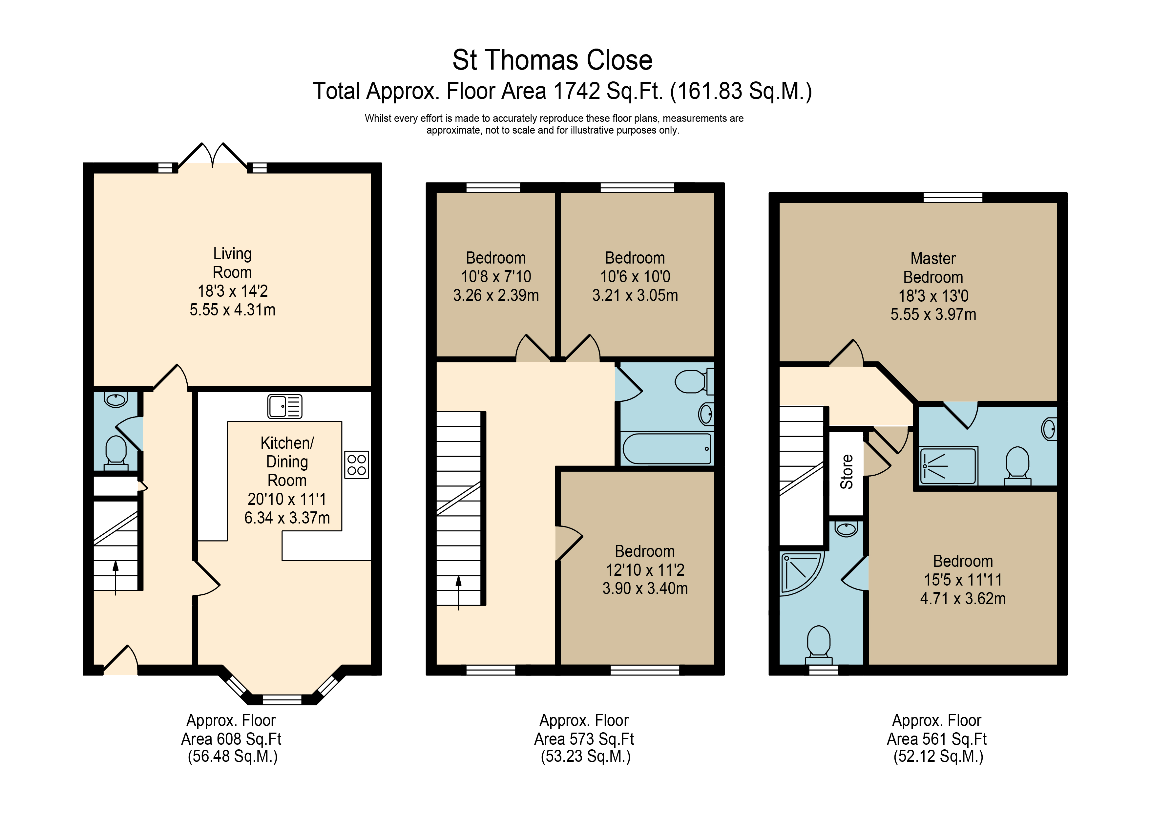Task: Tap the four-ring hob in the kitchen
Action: [x=356, y=465]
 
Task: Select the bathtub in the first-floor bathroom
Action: [x=667, y=448]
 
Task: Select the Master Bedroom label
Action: [x=933, y=268]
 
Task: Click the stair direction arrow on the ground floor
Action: [x=116, y=577]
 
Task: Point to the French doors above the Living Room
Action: [x=213, y=156]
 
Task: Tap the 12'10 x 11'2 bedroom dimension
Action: [x=645, y=570]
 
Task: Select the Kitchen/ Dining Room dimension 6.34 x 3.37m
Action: [x=287, y=518]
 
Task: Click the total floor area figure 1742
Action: [x=576, y=91]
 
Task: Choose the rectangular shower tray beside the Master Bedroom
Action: [x=949, y=465]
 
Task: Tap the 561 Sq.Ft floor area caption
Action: [x=936, y=739]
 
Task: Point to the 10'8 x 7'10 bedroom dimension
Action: [x=496, y=276]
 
